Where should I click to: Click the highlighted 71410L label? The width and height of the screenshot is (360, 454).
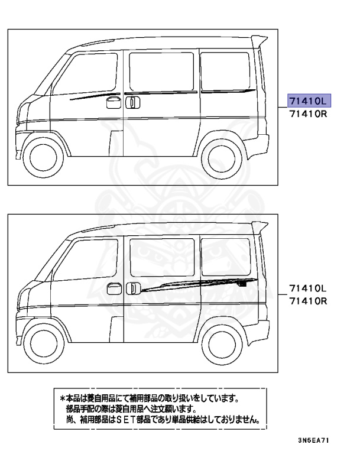pyautogui.click(x=307, y=99)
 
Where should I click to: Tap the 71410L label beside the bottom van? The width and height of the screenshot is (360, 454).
pyautogui.click(x=307, y=288)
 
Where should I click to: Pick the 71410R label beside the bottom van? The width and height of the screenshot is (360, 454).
pyautogui.click(x=307, y=301)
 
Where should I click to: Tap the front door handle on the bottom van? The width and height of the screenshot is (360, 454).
pyautogui.click(x=110, y=290)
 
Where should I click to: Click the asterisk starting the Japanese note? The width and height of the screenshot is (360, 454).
pyautogui.click(x=63, y=399)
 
